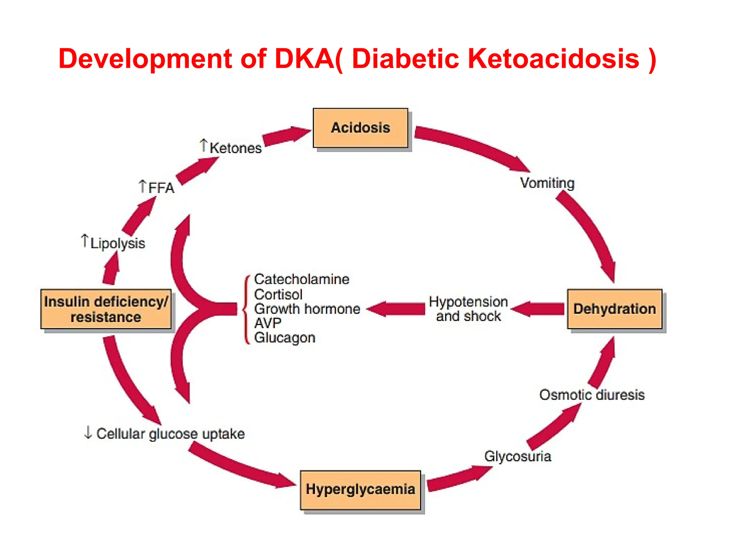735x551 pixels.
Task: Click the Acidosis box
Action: point(360,128)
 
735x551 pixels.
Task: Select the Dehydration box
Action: point(614,309)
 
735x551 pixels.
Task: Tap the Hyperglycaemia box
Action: point(360,490)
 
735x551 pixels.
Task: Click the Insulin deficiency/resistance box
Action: point(106,309)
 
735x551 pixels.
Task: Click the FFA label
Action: point(160,188)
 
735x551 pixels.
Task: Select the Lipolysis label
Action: point(117,243)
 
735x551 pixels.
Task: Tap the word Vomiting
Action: point(547,183)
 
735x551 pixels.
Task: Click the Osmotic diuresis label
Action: point(592,395)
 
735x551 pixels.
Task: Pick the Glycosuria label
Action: point(518,456)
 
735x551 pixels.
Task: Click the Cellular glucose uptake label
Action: point(170,433)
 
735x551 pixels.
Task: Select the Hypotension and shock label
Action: point(468,309)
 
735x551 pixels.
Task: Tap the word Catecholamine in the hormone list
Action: point(301,279)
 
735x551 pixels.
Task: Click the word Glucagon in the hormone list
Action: point(285,338)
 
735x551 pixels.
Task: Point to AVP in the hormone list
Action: point(267,323)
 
